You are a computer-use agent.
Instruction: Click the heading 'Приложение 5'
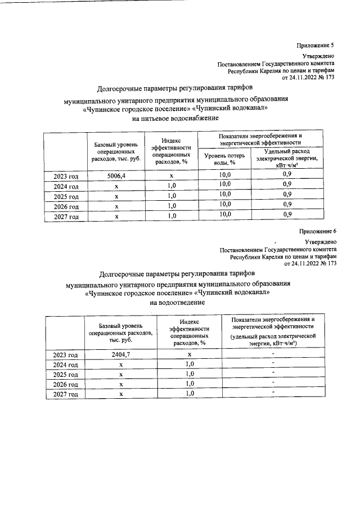click(317, 45)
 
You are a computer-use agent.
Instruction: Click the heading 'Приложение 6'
click(317, 231)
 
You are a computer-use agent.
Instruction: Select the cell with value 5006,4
click(116, 175)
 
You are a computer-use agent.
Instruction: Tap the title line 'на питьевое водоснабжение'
click(175, 119)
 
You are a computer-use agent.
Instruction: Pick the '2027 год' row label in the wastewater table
click(65, 394)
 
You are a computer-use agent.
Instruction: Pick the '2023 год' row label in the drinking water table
click(65, 176)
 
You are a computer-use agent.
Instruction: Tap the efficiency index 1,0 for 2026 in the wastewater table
click(190, 384)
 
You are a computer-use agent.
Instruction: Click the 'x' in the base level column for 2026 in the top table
click(116, 206)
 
